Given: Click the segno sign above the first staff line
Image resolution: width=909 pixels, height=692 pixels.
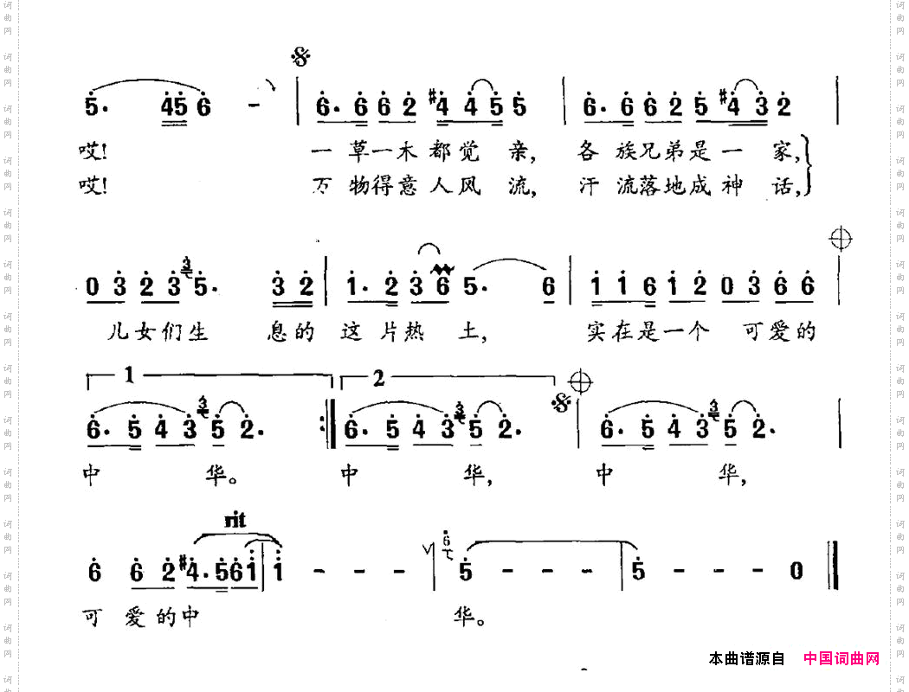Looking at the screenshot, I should [x=301, y=58].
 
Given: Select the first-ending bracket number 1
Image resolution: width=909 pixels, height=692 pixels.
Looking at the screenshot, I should [x=129, y=376].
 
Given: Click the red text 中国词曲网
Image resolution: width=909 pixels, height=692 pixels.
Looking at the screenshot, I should [x=841, y=659].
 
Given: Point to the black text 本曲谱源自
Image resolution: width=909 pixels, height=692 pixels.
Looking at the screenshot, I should [x=746, y=659].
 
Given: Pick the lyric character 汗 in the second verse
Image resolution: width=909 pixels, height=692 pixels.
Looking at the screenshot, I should [x=589, y=187].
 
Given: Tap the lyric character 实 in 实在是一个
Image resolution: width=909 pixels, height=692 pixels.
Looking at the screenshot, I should [x=597, y=332].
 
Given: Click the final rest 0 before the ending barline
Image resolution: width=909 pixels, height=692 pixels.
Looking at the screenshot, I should [x=796, y=572].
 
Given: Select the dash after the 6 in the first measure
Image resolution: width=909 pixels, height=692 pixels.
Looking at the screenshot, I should [x=255, y=107].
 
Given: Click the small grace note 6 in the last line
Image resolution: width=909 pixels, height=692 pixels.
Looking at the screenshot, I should [x=446, y=542].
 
